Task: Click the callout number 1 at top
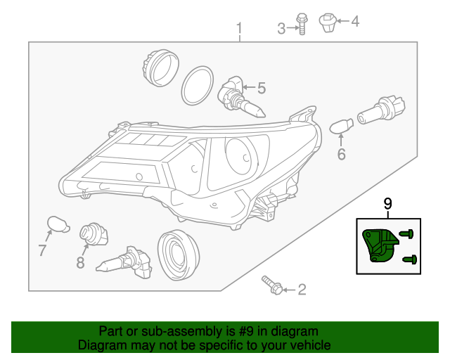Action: (239, 29)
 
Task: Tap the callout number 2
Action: (302, 289)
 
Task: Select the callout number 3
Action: (281, 29)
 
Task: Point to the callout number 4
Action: (354, 22)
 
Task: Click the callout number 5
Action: (261, 89)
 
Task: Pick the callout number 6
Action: (342, 154)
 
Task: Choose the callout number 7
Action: (42, 250)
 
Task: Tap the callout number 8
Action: (80, 263)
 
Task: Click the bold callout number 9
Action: (387, 204)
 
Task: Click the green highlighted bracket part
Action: (378, 245)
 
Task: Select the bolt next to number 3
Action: (301, 24)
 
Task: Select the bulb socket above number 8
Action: (92, 233)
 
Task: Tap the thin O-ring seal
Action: (198, 86)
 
